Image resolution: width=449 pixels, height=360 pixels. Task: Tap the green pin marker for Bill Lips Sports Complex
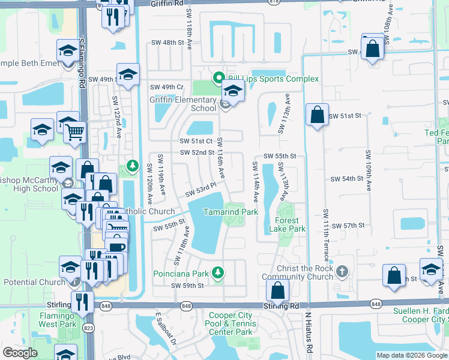coord(218,78)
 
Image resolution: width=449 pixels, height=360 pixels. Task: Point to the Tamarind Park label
coord(230,212)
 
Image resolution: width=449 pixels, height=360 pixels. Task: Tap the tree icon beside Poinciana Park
coord(218,273)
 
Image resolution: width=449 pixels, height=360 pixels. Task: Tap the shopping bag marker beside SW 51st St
coord(316,115)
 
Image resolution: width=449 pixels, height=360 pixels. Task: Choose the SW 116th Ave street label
coord(220,158)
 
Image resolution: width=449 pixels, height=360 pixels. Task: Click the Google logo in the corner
coord(20,353)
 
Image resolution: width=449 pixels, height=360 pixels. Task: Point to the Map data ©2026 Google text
coord(411,355)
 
